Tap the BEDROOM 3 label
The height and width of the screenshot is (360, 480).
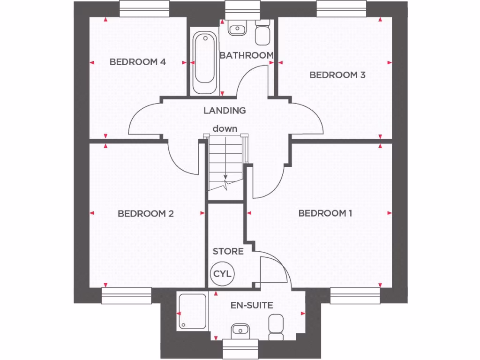pyautogui.click(x=337, y=75)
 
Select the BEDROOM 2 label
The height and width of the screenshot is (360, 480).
pyautogui.click(x=146, y=214)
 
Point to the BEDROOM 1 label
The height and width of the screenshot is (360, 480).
pyautogui.click(x=325, y=214)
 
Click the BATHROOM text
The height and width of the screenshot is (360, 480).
pyautogui.click(x=247, y=55)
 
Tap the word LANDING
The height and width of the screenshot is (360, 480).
pyautogui.click(x=225, y=111)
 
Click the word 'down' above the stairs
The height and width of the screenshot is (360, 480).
pyautogui.click(x=225, y=128)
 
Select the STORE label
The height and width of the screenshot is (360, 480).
pyautogui.click(x=228, y=252)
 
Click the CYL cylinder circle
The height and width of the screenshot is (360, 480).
pyautogui.click(x=223, y=274)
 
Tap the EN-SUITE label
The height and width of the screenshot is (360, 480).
pyautogui.click(x=252, y=305)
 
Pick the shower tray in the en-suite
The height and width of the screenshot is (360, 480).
pyautogui.click(x=193, y=312)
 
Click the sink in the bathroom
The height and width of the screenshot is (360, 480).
pyautogui.click(x=237, y=29)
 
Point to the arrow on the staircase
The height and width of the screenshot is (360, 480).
pyautogui.click(x=225, y=180)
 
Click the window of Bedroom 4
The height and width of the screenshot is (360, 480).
pyautogui.click(x=144, y=8)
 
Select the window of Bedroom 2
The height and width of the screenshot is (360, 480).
pyautogui.click(x=127, y=296)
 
